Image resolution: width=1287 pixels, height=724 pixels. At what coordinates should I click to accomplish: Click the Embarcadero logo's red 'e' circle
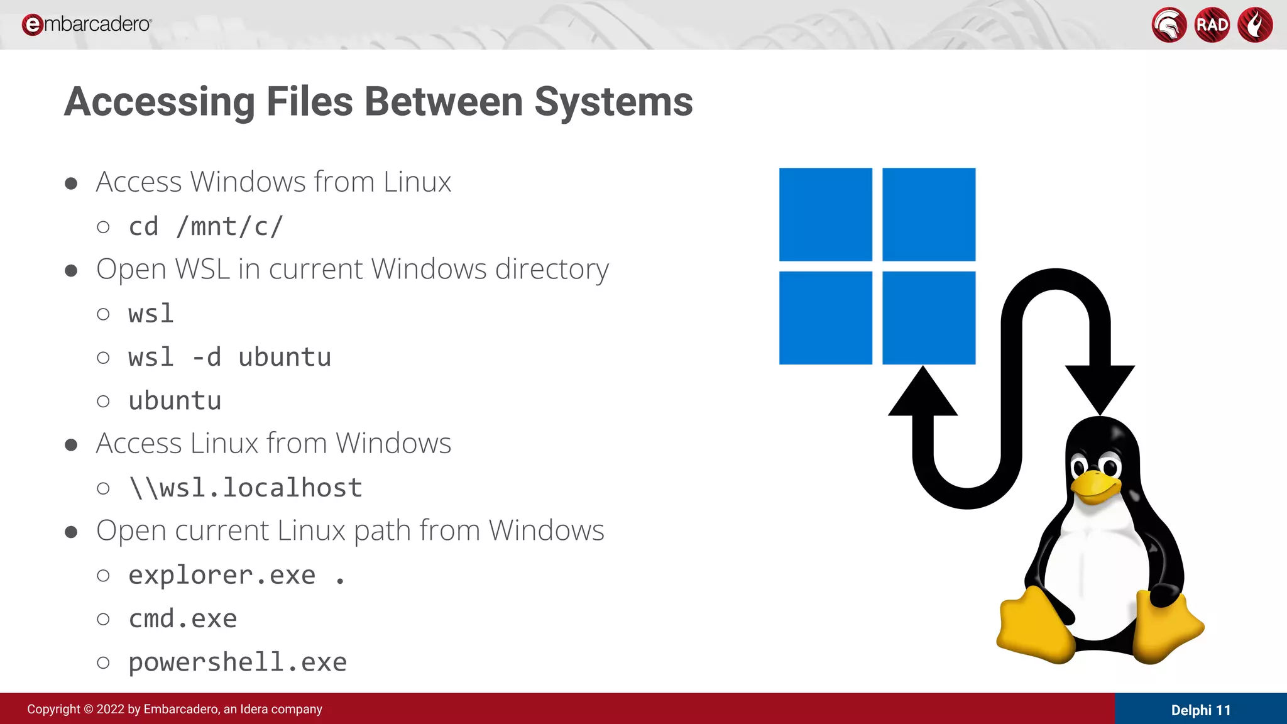point(32,25)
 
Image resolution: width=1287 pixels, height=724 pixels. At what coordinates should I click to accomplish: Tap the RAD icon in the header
point(1212,25)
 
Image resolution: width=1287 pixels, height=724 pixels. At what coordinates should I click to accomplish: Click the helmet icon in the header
point(1169,25)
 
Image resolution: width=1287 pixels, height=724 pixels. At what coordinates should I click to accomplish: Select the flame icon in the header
point(1255,25)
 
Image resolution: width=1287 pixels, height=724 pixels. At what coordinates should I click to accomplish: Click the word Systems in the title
point(613,102)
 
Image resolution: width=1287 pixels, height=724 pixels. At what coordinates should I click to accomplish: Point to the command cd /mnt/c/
point(206,226)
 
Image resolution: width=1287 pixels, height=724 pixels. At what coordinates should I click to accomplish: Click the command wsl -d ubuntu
point(229,357)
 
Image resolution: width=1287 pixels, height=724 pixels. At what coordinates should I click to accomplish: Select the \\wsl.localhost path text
point(246,488)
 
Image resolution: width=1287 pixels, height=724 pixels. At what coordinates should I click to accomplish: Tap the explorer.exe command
point(222,575)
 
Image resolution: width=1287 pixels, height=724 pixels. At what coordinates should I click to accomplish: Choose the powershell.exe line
point(238,662)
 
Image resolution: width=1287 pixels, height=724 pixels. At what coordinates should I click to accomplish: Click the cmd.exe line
point(183,618)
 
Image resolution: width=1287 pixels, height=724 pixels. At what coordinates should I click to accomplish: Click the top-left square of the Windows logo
point(826,214)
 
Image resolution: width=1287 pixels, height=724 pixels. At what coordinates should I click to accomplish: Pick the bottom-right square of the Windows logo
point(929,318)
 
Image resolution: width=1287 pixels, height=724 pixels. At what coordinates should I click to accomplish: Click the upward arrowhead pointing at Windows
point(923,393)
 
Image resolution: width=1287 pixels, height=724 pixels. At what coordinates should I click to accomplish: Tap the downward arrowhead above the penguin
point(1100,388)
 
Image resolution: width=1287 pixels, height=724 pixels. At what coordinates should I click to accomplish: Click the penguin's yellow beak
point(1096,488)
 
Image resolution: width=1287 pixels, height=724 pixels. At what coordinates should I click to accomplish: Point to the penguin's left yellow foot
point(1034,625)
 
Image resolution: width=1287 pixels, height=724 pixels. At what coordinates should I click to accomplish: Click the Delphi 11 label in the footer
point(1200,710)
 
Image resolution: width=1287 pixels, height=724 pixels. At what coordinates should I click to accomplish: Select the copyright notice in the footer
point(175,709)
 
